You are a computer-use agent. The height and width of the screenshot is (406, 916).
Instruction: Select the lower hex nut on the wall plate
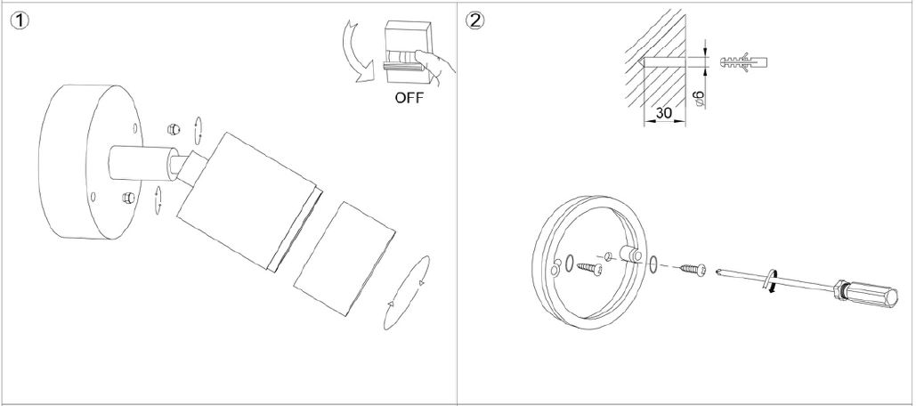tap(128, 196)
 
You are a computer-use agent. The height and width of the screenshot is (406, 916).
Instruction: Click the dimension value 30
tap(663, 113)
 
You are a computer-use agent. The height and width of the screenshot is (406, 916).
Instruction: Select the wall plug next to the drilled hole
tap(741, 62)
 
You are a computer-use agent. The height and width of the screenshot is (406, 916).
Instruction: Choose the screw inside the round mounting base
tap(588, 265)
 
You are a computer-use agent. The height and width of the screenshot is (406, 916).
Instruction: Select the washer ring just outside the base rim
tap(654, 264)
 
